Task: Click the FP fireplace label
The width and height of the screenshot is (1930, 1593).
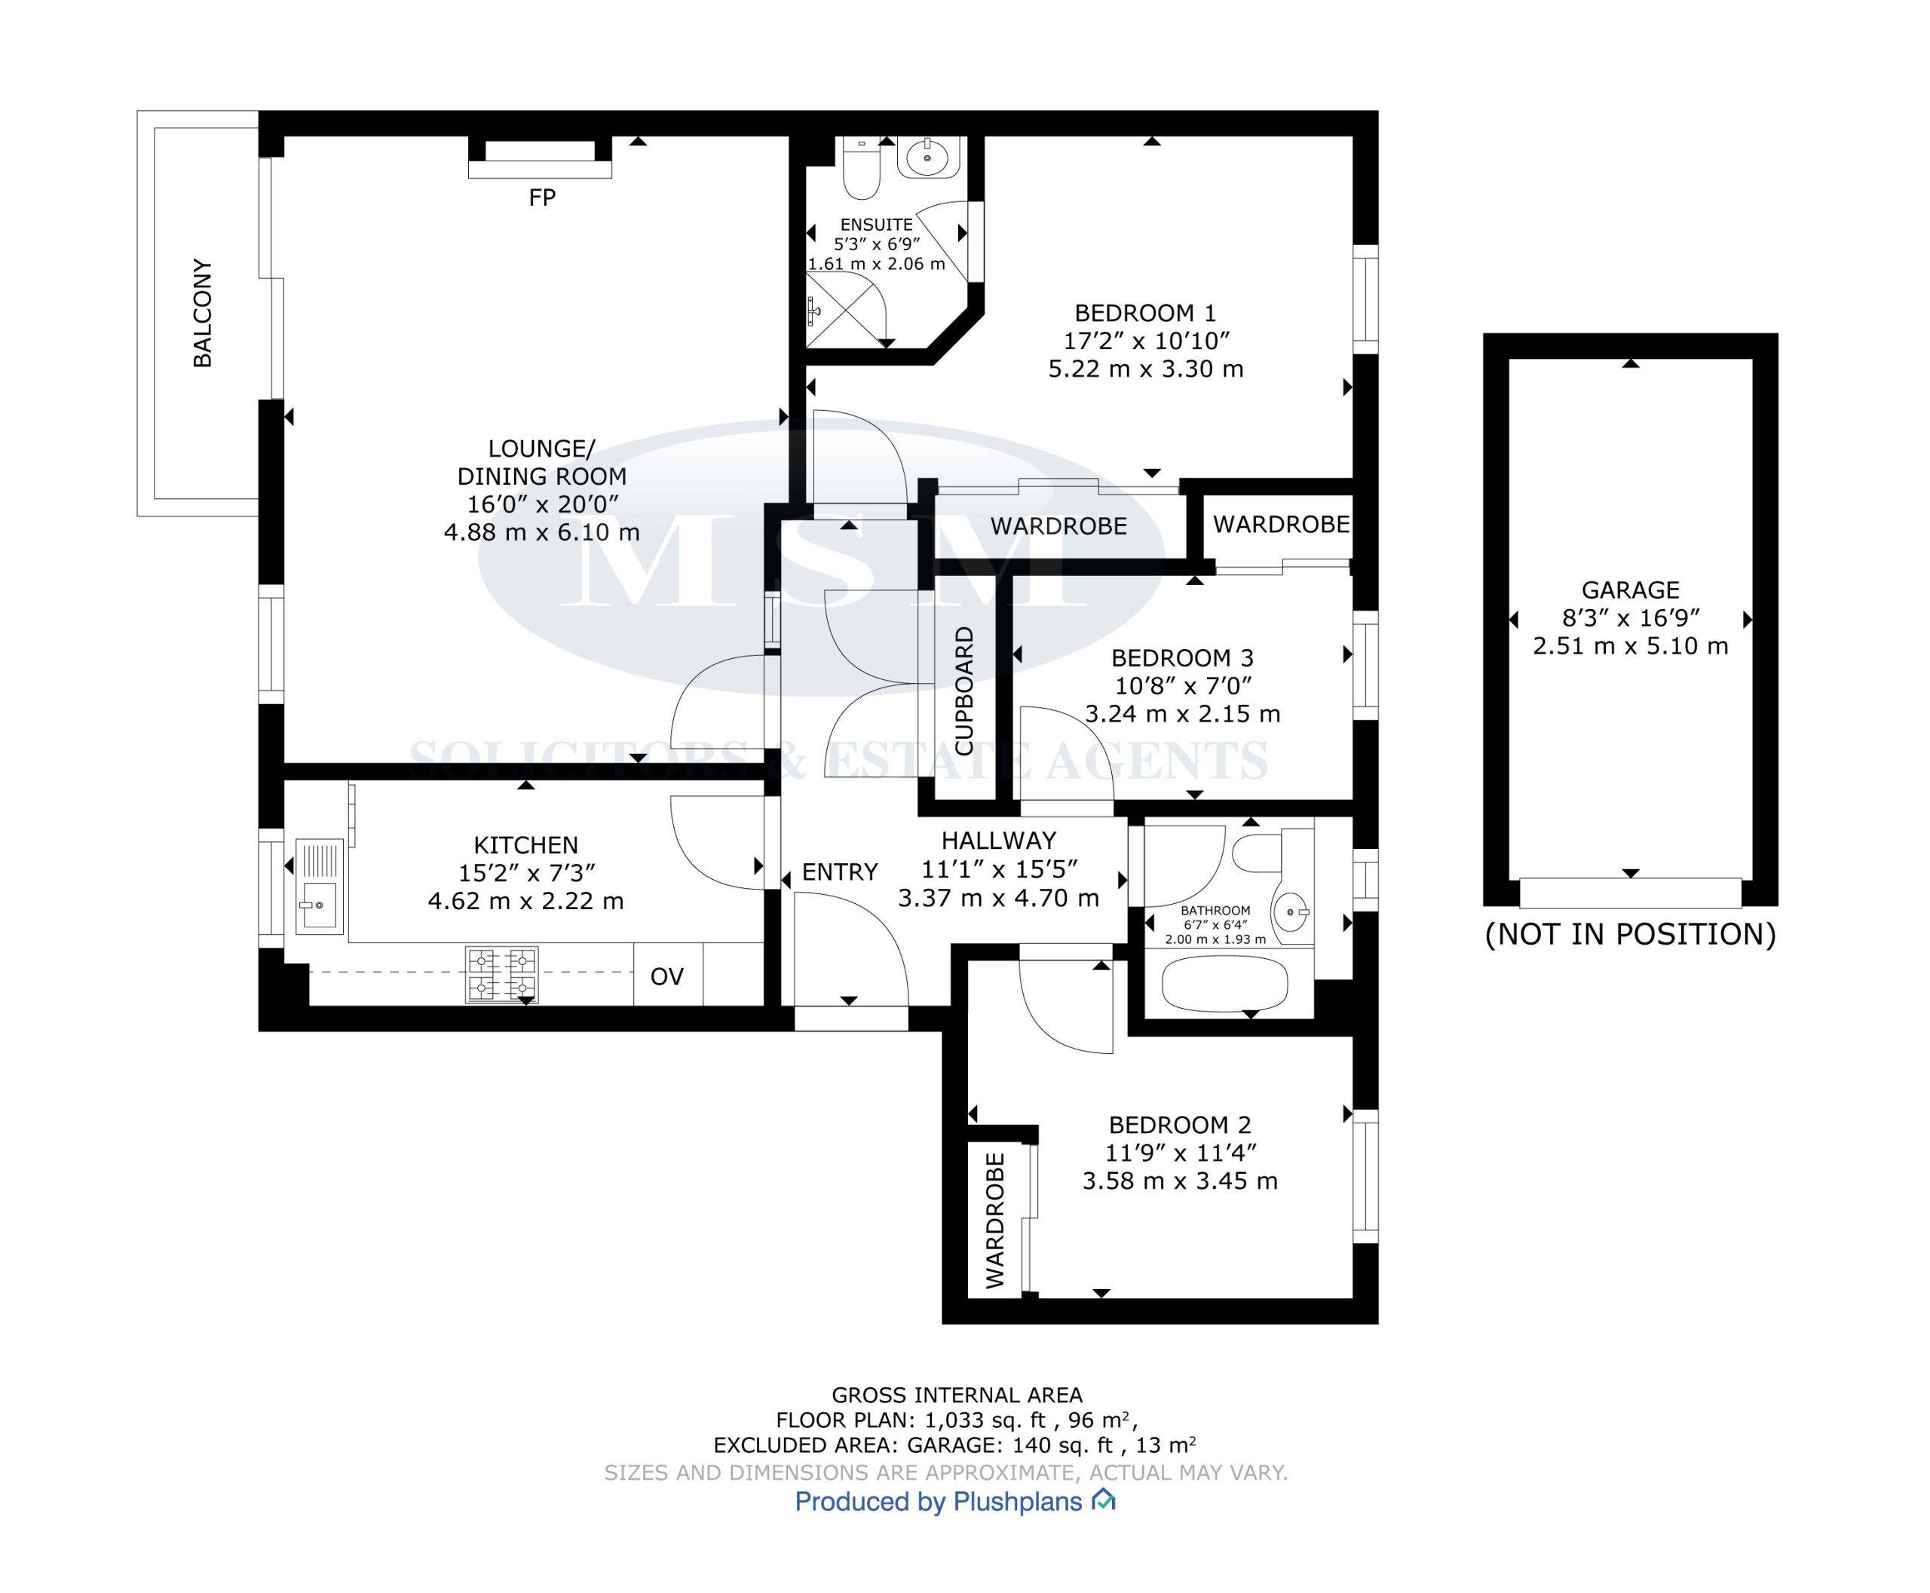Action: (x=541, y=198)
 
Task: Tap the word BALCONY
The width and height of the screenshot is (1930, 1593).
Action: (x=202, y=313)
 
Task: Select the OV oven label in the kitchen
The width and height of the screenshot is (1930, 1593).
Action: (x=667, y=976)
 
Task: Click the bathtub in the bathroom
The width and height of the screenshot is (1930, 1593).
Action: (x=1224, y=985)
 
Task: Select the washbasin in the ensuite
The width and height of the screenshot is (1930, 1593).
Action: (x=930, y=157)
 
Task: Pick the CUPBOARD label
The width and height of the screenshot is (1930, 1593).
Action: (x=963, y=691)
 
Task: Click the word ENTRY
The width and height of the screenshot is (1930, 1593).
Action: (x=840, y=872)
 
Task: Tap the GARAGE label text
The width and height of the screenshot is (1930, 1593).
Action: (x=1630, y=590)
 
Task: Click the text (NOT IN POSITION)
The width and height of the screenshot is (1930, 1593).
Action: (x=1630, y=934)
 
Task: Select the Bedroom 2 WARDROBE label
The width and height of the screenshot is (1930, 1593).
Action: (x=995, y=1221)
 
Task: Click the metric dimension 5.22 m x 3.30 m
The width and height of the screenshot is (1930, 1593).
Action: (x=1145, y=369)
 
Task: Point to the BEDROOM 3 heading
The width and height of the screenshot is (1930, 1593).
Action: (x=1182, y=658)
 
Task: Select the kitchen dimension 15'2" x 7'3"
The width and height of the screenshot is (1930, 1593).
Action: (x=527, y=873)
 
